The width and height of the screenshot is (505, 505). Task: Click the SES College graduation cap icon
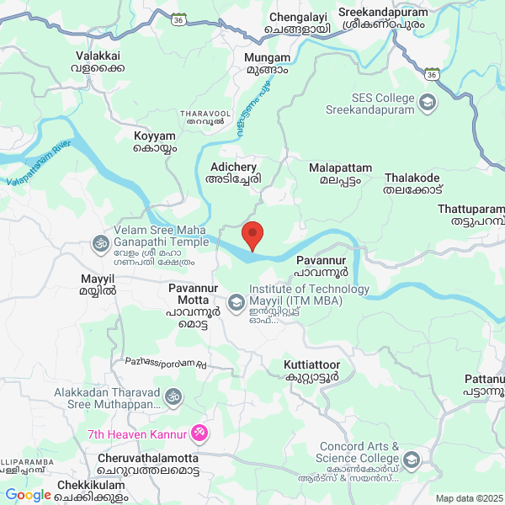(x=428, y=103)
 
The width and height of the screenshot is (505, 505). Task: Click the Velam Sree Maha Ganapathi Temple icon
(x=100, y=245)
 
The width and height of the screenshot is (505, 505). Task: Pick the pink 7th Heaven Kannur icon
(x=199, y=433)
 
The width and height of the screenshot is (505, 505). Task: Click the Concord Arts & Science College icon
(x=412, y=460)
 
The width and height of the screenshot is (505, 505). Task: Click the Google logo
(x=28, y=495)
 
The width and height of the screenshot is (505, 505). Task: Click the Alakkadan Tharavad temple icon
(x=173, y=395)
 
